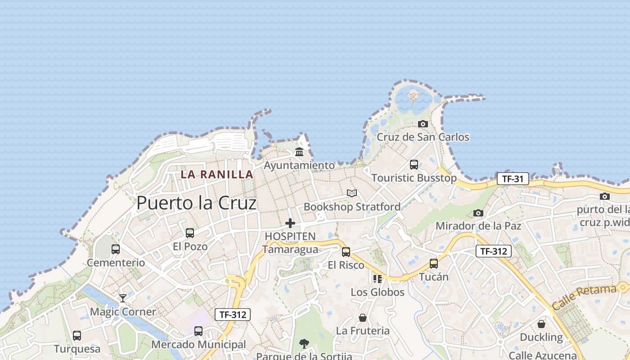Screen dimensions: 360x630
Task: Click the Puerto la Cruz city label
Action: click(196, 203)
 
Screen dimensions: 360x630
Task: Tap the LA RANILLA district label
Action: click(217, 174)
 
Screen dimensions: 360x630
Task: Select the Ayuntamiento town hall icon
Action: click(299, 152)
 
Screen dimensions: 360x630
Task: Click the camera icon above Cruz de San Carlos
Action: click(423, 124)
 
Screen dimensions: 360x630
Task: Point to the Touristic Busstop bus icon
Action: click(414, 165)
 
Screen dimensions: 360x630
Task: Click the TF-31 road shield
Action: click(513, 179)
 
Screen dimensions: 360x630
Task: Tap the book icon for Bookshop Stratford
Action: click(352, 193)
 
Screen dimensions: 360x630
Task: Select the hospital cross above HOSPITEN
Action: click(290, 223)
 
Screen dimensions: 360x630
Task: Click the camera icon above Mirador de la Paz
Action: click(478, 213)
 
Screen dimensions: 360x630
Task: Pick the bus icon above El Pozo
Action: click(190, 233)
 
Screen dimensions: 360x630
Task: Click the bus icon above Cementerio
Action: click(116, 249)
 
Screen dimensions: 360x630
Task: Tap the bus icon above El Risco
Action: click(346, 252)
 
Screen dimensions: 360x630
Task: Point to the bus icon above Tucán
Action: click(433, 264)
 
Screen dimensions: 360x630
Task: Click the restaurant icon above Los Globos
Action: click(377, 279)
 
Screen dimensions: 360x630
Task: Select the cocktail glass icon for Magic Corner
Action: click(122, 298)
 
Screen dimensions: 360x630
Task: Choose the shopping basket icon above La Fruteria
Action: click(363, 318)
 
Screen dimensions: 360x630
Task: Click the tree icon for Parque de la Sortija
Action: click(304, 344)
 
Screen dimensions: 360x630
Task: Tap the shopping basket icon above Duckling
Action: click(541, 324)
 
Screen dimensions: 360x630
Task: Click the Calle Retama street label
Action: click(584, 297)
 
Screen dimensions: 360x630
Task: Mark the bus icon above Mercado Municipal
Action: click(198, 331)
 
